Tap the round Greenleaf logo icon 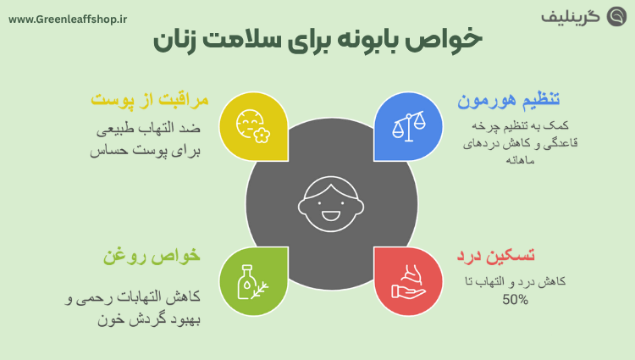[616, 16]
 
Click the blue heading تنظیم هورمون [509, 101]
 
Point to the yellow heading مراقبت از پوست [148, 101]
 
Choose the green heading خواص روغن [152, 254]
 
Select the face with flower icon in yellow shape [251, 127]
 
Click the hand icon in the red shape [407, 281]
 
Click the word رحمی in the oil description [100, 299]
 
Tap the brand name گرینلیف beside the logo [571, 17]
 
